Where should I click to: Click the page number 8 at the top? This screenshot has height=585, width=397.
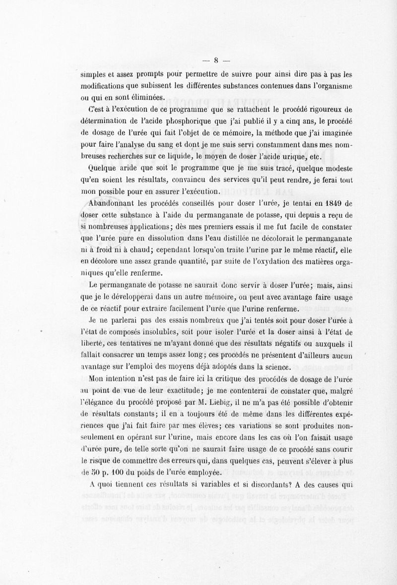[216, 61]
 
